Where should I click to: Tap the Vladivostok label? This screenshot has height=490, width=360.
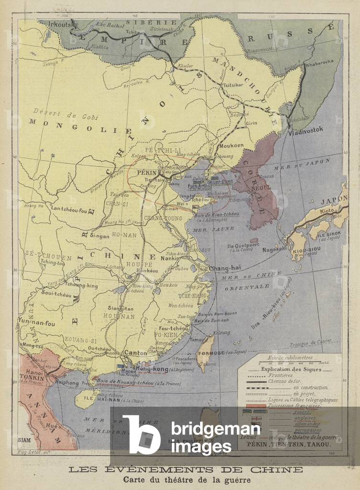[306, 129]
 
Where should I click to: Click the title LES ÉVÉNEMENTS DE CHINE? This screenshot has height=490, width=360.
[186, 469]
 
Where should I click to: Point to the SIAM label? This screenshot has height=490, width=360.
[24, 440]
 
